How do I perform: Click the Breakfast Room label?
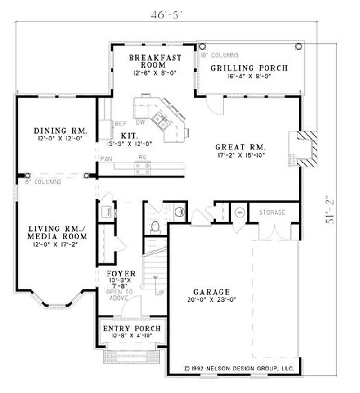[155, 61]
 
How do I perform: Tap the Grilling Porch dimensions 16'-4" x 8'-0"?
[249, 77]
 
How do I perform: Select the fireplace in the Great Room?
[303, 149]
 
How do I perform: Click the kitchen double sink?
[160, 120]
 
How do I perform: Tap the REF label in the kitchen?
[120, 123]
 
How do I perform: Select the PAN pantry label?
[106, 158]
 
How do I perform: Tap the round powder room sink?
[179, 211]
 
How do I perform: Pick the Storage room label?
[272, 212]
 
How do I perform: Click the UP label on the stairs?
[159, 293]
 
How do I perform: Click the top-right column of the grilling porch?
[298, 46]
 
